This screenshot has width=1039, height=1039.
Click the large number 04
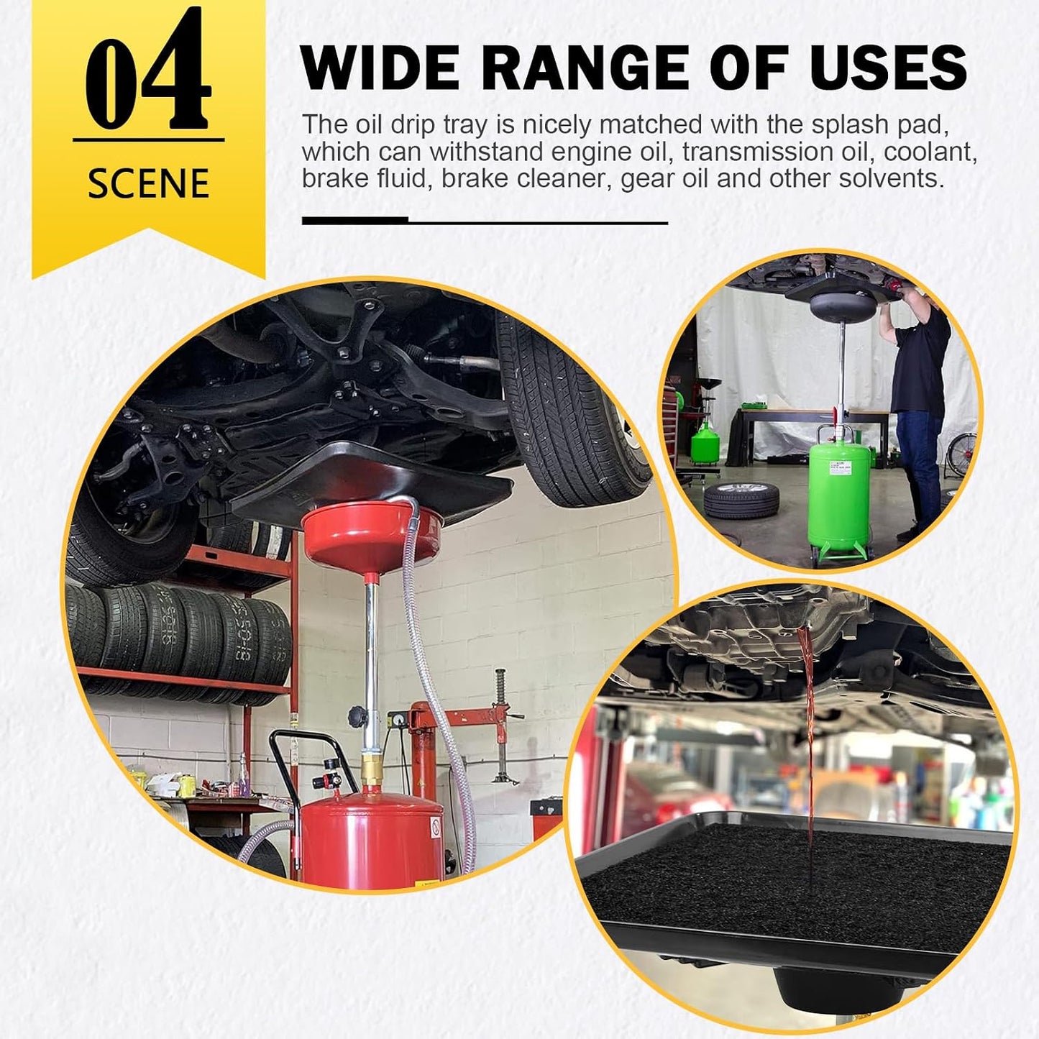pyautogui.click(x=147, y=68)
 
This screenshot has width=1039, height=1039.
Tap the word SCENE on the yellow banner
pyautogui.click(x=148, y=184)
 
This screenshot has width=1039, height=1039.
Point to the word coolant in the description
pyautogui.click(x=930, y=152)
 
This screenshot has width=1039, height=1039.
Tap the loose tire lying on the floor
pyautogui.click(x=741, y=500)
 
